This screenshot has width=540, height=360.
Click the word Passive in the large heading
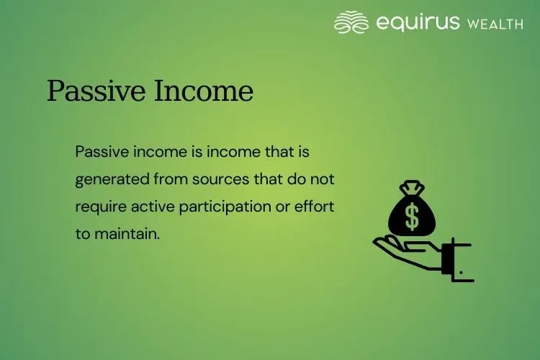(x=90, y=92)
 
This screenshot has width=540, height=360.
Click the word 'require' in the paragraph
(x=99, y=206)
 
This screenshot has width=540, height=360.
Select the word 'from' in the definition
(x=162, y=179)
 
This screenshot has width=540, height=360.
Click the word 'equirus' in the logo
(x=417, y=22)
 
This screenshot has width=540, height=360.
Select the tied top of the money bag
(x=412, y=189)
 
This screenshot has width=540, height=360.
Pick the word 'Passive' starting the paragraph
(x=96, y=152)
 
